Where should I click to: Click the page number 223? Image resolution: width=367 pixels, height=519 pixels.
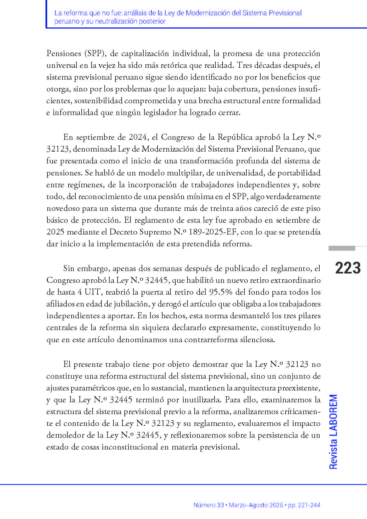tap(348, 268)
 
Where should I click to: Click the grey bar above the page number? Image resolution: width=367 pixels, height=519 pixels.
tap(342, 248)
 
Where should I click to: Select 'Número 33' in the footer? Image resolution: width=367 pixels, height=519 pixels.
tap(209, 505)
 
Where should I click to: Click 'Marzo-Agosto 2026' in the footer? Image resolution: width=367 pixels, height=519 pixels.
tap(256, 505)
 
